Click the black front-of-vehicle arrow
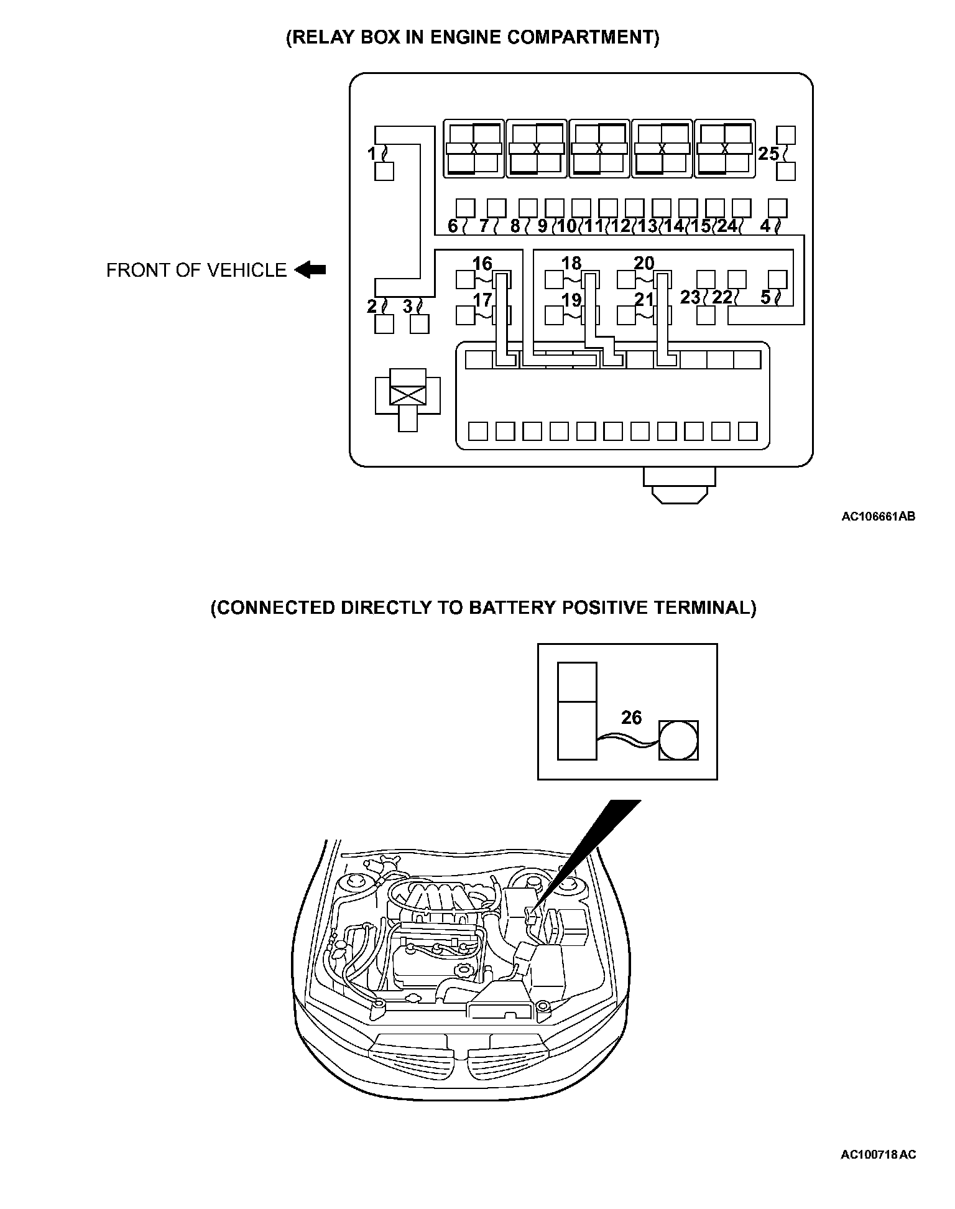[x=310, y=270]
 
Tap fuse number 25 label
[x=768, y=154]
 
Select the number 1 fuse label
[x=372, y=153]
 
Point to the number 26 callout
[x=631, y=718]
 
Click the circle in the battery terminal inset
[x=678, y=740]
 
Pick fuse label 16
[x=482, y=263]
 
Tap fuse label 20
[x=644, y=263]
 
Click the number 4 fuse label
[x=765, y=226]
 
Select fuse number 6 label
[x=453, y=226]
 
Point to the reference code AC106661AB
[x=878, y=516]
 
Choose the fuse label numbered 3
[x=408, y=306]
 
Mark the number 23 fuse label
[x=690, y=297]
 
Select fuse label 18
[x=571, y=263]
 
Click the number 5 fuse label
[x=765, y=297]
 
